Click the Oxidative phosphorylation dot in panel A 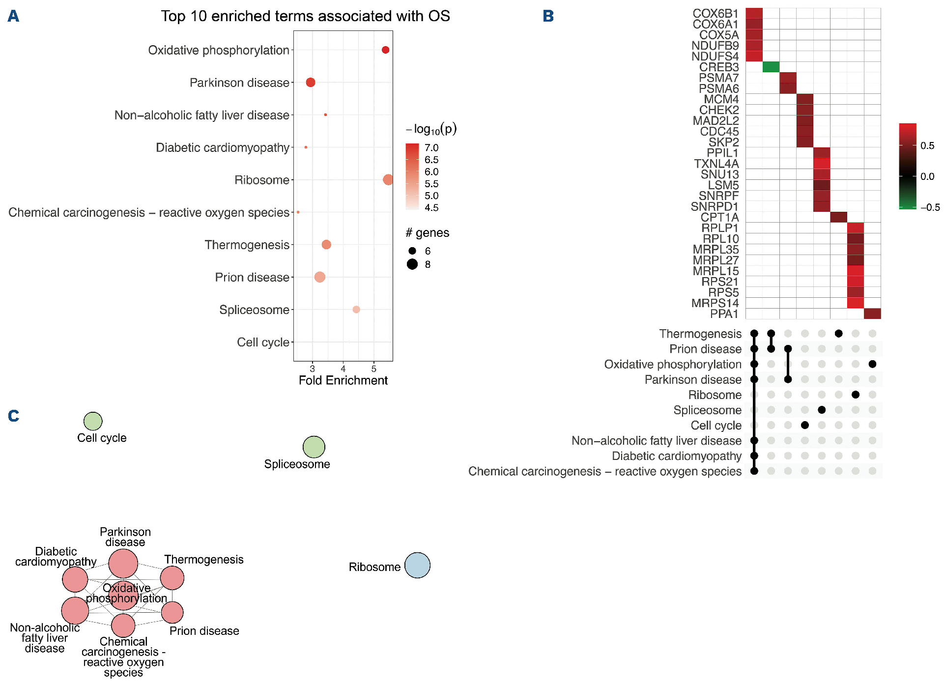click(x=385, y=50)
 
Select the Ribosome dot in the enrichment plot click(x=388, y=180)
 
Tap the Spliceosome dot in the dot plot click(x=356, y=310)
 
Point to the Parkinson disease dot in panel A click(x=310, y=83)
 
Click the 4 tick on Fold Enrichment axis click(x=343, y=369)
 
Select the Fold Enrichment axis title click(x=343, y=380)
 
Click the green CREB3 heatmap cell click(x=771, y=67)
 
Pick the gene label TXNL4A click(x=716, y=164)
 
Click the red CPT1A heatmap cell click(x=838, y=217)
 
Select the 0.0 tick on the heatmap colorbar click(x=927, y=176)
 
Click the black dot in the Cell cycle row click(x=804, y=425)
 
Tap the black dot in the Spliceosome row click(x=822, y=410)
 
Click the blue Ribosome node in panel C click(x=417, y=565)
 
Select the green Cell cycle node click(x=93, y=421)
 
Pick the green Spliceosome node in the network click(x=314, y=447)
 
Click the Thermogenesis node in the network click(x=172, y=578)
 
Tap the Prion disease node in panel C click(x=172, y=612)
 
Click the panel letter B click(x=548, y=16)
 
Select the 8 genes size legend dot click(x=412, y=264)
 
